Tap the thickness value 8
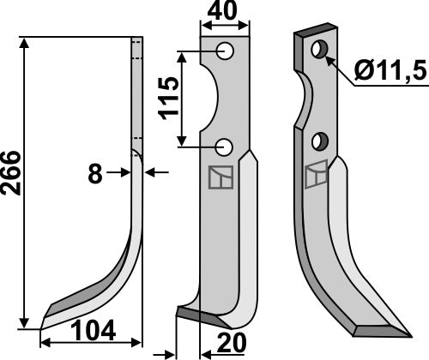tap(96, 173)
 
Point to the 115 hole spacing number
tap(168, 99)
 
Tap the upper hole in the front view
tap(226, 52)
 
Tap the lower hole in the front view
tap(226, 146)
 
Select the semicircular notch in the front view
tap(208, 99)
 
